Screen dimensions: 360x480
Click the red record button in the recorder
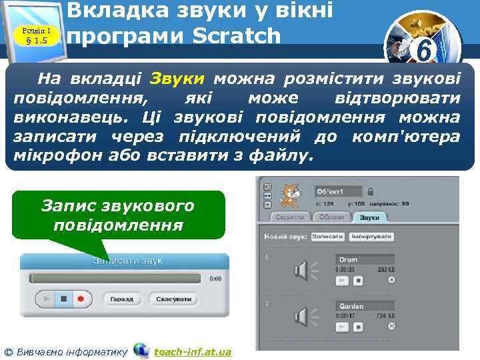[x=80, y=299]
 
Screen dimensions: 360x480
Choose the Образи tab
[x=331, y=217]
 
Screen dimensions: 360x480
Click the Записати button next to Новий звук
[x=326, y=237]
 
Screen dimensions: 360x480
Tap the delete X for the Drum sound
[x=391, y=280]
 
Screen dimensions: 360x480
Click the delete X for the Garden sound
[x=391, y=327]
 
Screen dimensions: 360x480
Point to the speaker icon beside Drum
[x=301, y=271]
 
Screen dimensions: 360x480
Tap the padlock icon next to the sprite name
[x=369, y=191]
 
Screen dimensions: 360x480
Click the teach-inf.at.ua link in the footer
[x=192, y=351]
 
